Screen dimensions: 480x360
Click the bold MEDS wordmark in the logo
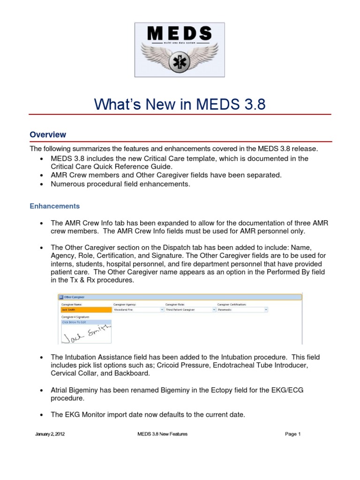coord(180,34)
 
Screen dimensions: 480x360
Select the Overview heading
coord(48,135)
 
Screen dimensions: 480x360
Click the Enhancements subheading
coord(55,206)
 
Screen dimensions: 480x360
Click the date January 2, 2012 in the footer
coord(50,434)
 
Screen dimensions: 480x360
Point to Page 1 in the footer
coord(292,434)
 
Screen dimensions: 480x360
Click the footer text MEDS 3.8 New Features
coord(162,434)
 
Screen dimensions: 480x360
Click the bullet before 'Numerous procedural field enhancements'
coord(42,184)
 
